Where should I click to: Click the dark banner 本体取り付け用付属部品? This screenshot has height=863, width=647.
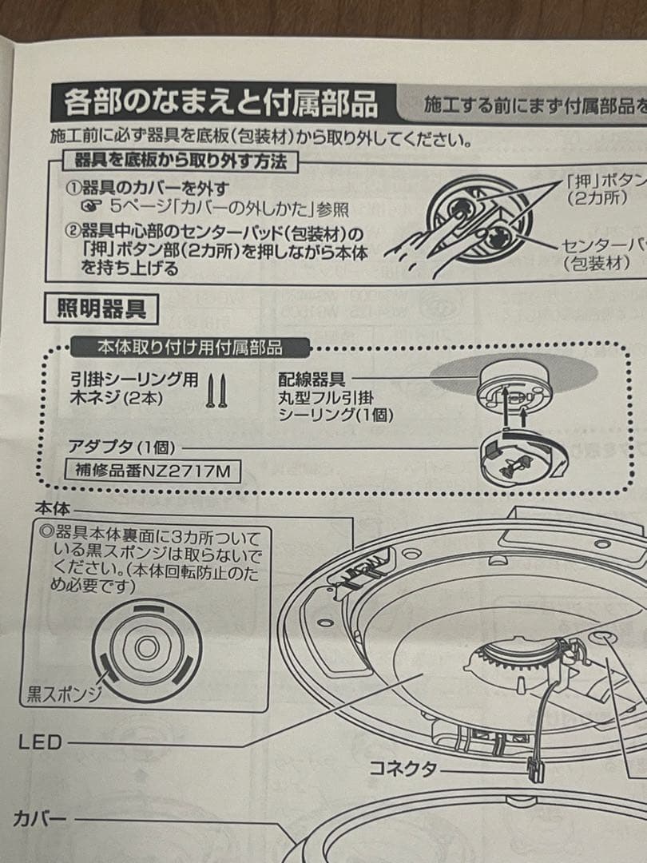coord(189,348)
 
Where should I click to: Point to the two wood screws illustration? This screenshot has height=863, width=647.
coord(213,391)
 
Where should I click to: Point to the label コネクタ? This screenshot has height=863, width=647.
coord(403,769)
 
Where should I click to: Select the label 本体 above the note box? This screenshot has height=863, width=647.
coord(53,507)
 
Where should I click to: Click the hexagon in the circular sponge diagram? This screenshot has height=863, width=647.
coord(146,648)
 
